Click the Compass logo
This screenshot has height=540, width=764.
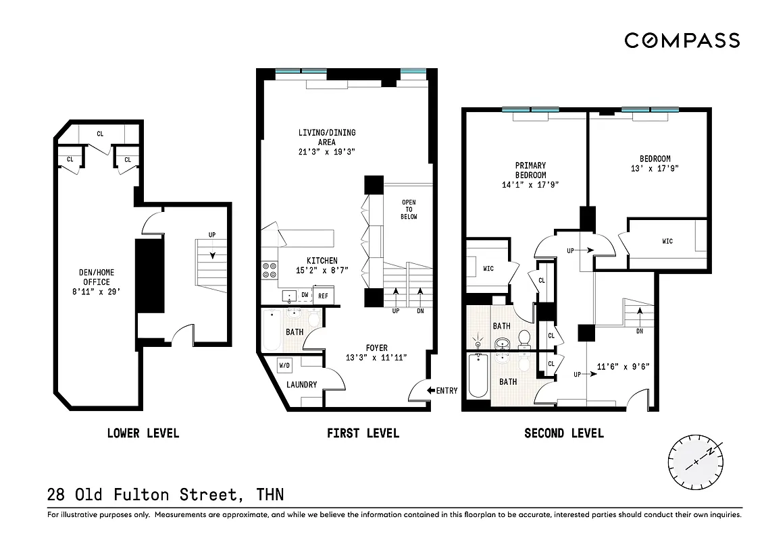coord(682,40)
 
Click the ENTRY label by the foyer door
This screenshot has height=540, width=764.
coord(447,390)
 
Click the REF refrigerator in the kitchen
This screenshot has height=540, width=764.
coord(323,296)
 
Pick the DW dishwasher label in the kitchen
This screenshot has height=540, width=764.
coord(305,296)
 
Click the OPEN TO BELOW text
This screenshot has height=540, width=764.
coord(409,209)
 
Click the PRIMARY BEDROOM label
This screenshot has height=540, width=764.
coord(530,170)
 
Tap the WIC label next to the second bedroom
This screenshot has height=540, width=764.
coord(667,242)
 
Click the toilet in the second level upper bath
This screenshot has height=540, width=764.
coord(524,337)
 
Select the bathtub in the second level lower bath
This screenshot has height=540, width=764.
coord(476,377)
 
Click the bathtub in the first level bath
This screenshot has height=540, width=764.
coord(272,329)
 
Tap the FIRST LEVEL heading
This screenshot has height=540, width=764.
coord(363,433)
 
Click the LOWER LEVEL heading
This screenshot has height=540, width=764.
coord(143,433)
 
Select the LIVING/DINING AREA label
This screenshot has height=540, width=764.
coord(327,137)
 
